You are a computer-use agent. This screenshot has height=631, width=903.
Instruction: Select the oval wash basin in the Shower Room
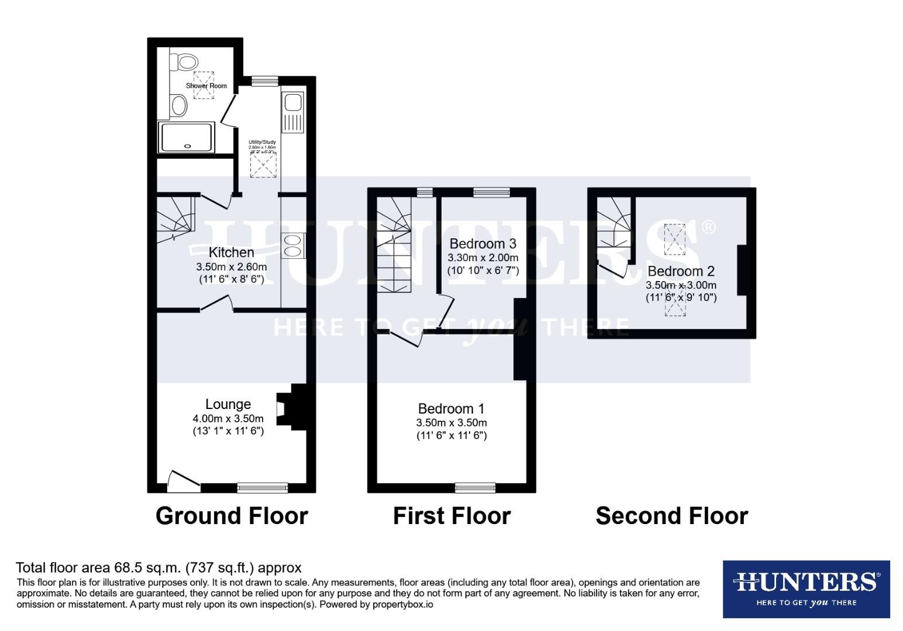tap(180, 106)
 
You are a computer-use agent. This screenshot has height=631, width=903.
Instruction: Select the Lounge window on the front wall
tap(263, 487)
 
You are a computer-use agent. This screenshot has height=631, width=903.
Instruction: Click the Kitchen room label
tap(232, 252)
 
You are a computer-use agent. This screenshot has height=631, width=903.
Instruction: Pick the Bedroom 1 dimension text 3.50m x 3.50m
tap(451, 422)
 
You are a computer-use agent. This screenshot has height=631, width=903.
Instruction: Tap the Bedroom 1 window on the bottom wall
tap(475, 487)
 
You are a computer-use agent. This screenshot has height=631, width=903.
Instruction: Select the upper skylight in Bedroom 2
tap(675, 238)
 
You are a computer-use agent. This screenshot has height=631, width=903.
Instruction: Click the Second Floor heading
tap(671, 516)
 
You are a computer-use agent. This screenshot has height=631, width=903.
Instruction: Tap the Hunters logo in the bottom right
tap(806, 589)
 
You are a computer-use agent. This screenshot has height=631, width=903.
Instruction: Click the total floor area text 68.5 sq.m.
tap(158, 567)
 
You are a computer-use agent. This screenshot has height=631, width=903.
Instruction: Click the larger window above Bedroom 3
tap(491, 192)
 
